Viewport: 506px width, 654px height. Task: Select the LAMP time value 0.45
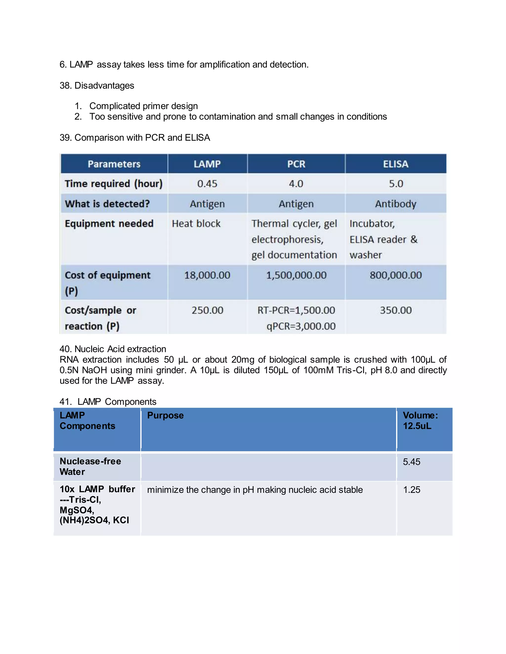click(207, 184)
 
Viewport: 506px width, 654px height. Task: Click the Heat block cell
click(196, 224)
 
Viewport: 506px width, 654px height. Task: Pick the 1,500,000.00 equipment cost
click(296, 275)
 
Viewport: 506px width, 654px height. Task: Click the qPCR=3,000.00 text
click(301, 326)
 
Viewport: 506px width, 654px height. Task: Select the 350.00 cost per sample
click(396, 310)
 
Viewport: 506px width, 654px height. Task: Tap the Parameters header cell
click(114, 164)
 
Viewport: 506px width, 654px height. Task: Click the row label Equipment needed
click(109, 224)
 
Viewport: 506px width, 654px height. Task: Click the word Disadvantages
click(104, 86)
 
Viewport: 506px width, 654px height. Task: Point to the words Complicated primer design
click(144, 106)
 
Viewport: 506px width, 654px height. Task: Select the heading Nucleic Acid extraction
click(120, 349)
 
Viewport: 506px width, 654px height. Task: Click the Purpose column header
click(165, 415)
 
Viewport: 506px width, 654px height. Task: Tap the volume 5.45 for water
click(412, 462)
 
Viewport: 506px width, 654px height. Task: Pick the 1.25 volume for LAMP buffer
click(412, 490)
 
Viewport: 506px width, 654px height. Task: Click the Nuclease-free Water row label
click(90, 466)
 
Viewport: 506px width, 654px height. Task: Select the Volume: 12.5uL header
click(420, 421)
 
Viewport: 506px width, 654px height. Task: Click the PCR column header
click(296, 164)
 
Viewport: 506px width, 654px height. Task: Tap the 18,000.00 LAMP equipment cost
click(207, 275)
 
